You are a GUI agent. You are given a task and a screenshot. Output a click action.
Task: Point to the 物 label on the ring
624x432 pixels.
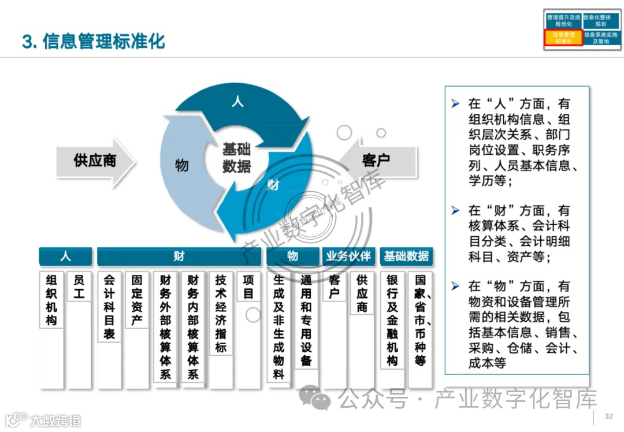pyautogui.click(x=181, y=166)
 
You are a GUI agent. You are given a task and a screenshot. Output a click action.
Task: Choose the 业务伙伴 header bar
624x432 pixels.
pyautogui.click(x=348, y=256)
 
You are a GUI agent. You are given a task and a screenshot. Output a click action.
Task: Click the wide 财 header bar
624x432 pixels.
pyautogui.click(x=179, y=256)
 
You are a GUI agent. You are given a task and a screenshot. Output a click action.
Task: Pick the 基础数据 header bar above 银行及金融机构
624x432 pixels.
pyautogui.click(x=406, y=256)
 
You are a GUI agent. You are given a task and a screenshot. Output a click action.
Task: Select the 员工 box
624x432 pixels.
pyautogui.click(x=79, y=287)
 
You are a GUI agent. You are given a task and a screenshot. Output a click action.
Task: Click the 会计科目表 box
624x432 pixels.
pyautogui.click(x=109, y=306)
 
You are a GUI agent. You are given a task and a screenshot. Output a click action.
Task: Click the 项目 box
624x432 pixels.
pyautogui.click(x=248, y=287)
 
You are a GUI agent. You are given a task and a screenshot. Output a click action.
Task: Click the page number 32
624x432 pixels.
pyautogui.click(x=608, y=417)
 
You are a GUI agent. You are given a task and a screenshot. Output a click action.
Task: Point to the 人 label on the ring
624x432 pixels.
pyautogui.click(x=237, y=102)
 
